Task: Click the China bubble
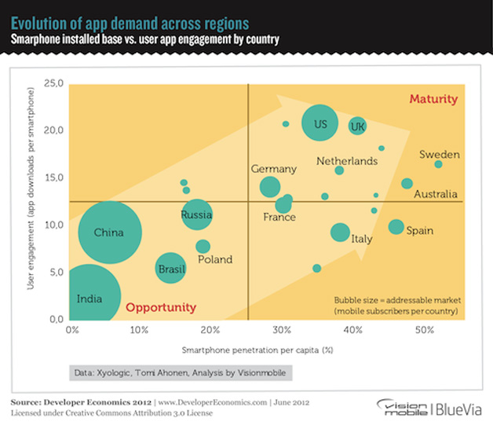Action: click(x=110, y=233)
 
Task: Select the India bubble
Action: click(x=88, y=297)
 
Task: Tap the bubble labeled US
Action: click(x=320, y=124)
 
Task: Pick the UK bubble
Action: click(x=357, y=126)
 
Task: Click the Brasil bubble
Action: click(x=170, y=268)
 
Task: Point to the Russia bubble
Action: click(x=196, y=214)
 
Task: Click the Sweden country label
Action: click(x=440, y=155)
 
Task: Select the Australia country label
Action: click(x=436, y=194)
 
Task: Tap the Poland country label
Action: click(x=215, y=259)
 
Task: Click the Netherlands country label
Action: click(x=346, y=161)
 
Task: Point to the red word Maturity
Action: click(x=433, y=99)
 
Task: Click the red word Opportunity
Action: click(x=161, y=307)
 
